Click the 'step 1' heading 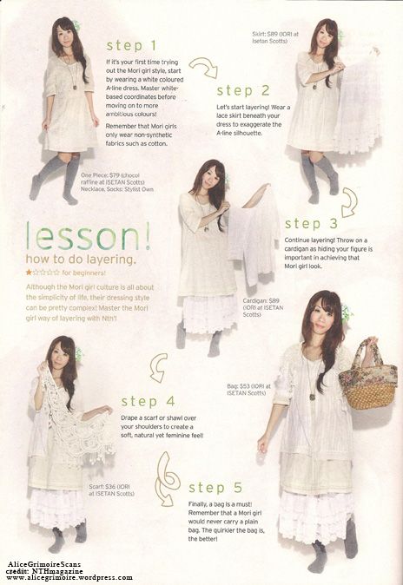[131, 44]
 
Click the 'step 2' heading [243, 90]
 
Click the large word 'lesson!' [89, 237]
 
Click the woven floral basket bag [367, 376]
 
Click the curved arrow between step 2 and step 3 [348, 201]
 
